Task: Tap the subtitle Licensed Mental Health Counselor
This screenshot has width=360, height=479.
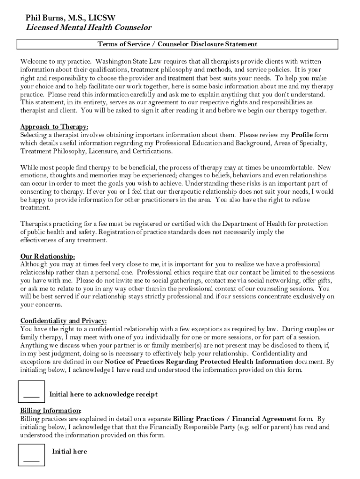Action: point(88,28)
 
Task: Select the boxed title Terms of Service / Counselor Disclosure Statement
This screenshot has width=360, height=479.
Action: point(177,44)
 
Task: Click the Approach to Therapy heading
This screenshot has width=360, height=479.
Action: point(54,127)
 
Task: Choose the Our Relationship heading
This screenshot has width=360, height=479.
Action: point(48,256)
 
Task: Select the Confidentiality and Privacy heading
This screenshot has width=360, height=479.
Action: point(64,321)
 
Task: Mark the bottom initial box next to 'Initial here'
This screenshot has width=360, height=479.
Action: point(31,454)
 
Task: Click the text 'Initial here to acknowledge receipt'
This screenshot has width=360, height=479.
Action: point(103,394)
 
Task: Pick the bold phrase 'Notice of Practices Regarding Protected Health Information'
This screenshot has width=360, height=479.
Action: point(199,362)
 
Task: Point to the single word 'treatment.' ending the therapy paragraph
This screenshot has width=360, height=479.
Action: point(35,208)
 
